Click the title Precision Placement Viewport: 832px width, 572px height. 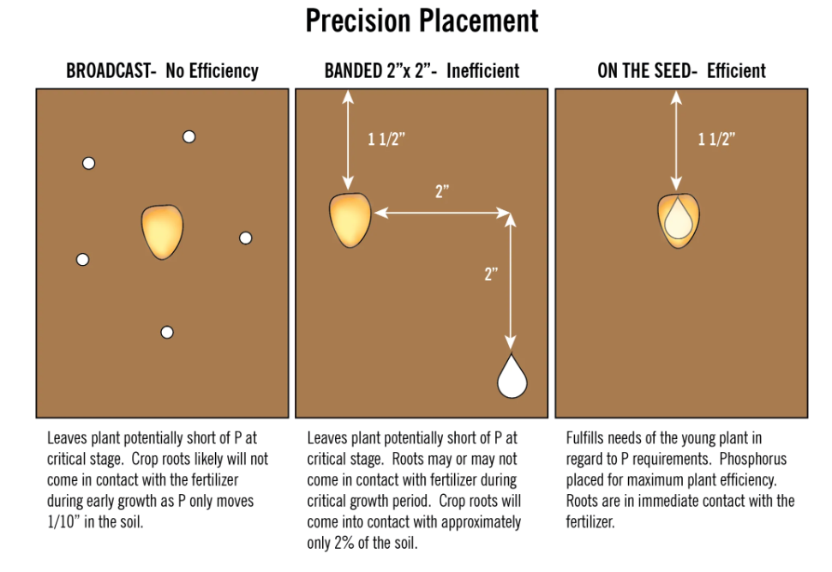click(x=422, y=21)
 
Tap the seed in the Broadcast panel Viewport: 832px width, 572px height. click(x=162, y=232)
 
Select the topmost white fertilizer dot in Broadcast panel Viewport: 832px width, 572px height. click(x=189, y=137)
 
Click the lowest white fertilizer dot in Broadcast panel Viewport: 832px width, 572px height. click(x=167, y=333)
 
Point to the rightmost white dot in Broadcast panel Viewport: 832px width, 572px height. click(x=246, y=238)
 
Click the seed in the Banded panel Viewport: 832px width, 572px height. click(x=350, y=220)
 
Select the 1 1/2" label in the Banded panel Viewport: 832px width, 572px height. click(x=386, y=140)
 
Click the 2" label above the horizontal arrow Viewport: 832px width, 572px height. click(x=442, y=191)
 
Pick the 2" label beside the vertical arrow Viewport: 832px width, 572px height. click(x=491, y=274)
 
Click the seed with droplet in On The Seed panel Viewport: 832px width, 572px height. click(x=679, y=220)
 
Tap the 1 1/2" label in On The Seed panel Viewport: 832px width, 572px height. click(x=716, y=139)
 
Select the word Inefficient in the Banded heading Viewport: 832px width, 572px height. click(x=483, y=70)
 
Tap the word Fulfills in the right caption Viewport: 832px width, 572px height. click(x=584, y=438)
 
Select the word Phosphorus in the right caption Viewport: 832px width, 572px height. click(x=753, y=459)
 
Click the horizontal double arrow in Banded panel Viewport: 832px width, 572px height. click(x=442, y=213)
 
